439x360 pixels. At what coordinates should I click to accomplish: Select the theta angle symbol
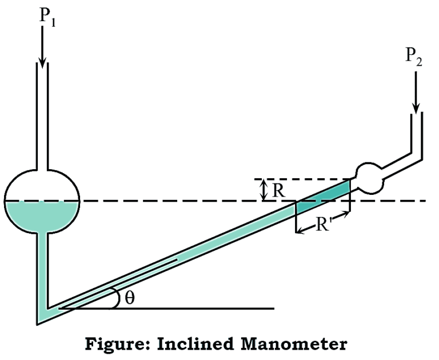(129, 298)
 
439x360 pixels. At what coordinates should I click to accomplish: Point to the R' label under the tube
(322, 225)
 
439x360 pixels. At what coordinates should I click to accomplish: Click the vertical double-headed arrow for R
(264, 190)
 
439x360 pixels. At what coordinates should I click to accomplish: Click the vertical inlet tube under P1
(42, 114)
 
